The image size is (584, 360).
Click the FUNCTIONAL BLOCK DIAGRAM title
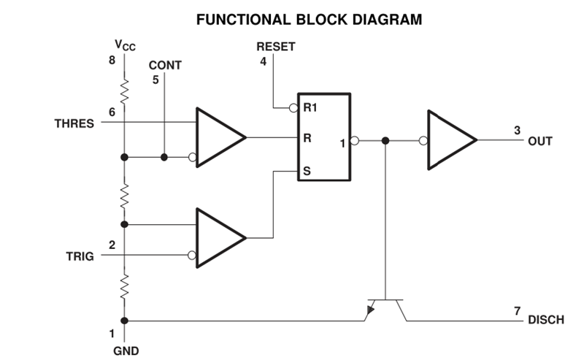(310, 20)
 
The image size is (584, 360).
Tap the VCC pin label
(126, 45)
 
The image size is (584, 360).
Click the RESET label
(276, 47)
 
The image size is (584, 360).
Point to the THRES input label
(74, 123)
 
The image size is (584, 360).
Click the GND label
(126, 350)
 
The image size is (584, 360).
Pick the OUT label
(540, 140)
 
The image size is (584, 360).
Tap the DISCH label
(545, 320)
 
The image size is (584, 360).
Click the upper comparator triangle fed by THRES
(218, 137)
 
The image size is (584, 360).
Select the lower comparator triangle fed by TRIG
(218, 237)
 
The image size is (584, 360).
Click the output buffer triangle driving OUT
(450, 139)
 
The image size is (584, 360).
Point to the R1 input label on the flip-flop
(310, 108)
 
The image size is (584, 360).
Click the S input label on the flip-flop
(307, 172)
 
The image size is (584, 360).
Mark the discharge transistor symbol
(385, 307)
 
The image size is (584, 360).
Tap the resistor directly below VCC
(125, 92)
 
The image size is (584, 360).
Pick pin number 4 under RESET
(264, 61)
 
